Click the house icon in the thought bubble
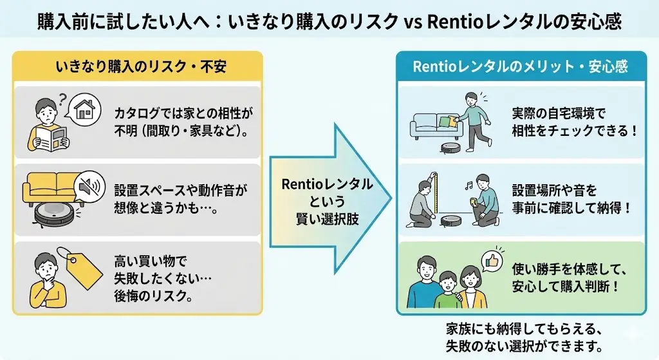point(84,108)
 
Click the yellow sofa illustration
point(48,187)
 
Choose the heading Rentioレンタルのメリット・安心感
point(520,66)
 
